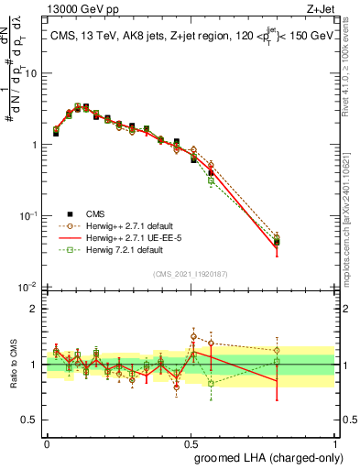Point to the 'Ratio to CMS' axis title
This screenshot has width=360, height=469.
coord(12,365)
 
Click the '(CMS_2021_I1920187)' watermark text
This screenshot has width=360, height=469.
coord(191,272)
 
